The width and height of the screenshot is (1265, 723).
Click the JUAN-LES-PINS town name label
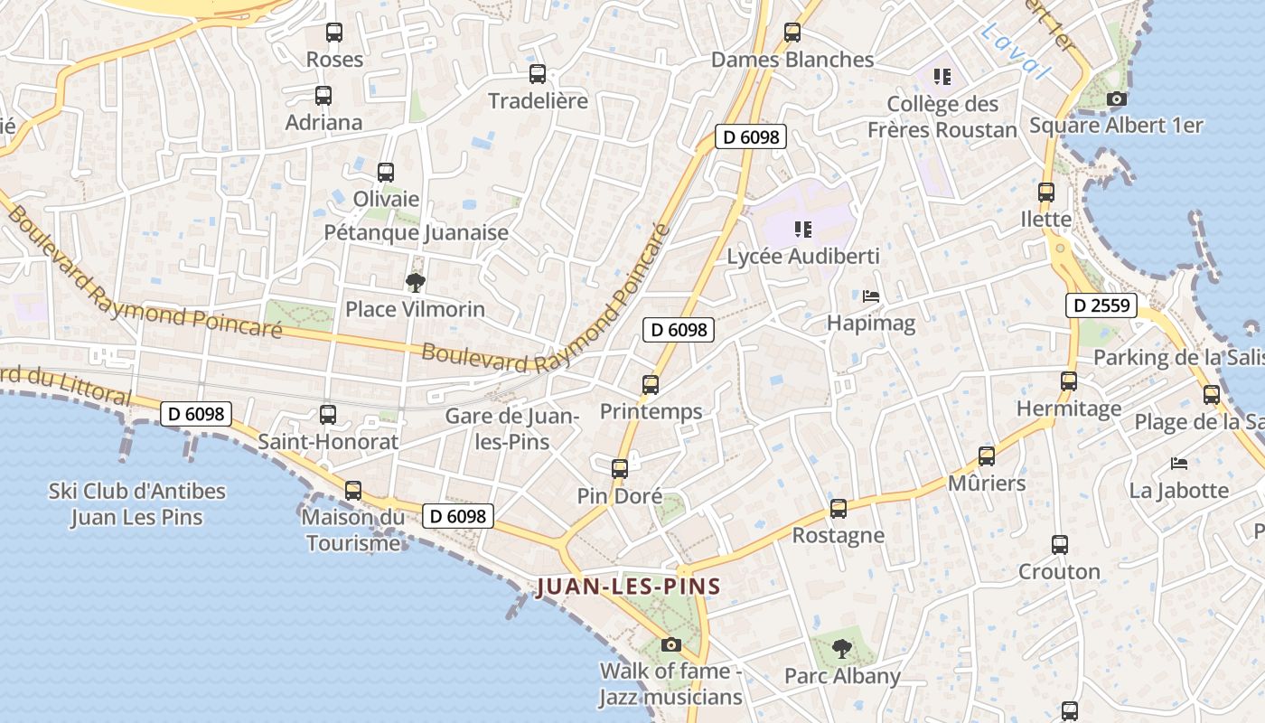629,587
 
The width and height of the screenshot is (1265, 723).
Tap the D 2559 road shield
1100,305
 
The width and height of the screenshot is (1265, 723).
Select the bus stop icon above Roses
334,33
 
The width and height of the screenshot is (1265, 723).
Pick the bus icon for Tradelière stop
538,74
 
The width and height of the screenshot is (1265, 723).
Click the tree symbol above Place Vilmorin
415,283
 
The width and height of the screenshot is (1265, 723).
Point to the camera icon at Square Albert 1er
1117,99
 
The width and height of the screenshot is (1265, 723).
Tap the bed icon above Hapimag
871,296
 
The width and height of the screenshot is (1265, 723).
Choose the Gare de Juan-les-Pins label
511,429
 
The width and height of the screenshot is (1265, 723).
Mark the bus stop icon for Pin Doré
620,469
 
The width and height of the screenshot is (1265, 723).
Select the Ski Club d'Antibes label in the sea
136,504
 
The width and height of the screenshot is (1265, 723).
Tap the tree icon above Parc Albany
841,648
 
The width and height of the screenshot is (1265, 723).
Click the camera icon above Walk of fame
670,644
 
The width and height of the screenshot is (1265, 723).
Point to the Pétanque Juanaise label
417,232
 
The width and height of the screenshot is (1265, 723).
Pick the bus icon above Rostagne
839,509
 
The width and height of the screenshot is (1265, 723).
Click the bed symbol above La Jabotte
1179,464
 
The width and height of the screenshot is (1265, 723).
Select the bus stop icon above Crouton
1060,545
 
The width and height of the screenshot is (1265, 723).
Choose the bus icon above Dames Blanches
792,33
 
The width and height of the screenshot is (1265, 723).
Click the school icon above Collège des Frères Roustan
942,77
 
